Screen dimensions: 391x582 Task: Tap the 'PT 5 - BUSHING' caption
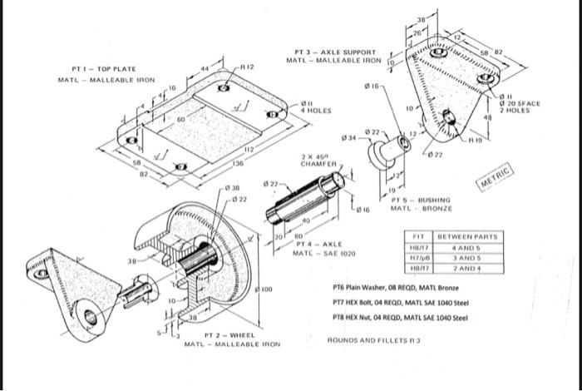pyautogui.click(x=421, y=200)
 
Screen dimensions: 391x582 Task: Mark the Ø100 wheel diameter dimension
pyautogui.click(x=265, y=288)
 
